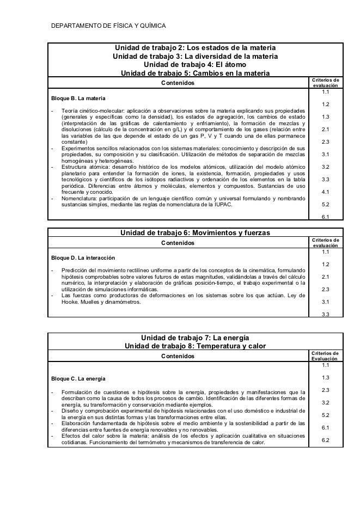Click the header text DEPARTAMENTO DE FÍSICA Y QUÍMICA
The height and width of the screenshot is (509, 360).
108,26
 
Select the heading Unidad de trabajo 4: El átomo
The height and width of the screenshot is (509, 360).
195,64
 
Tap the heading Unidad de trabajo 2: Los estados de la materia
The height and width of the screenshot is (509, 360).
195,47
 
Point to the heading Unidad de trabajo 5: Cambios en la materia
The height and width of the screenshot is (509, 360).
195,73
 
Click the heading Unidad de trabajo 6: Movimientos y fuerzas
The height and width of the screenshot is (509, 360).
195,233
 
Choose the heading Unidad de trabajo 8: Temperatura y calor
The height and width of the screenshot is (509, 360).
195,346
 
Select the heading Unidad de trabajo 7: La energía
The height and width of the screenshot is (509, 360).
195,337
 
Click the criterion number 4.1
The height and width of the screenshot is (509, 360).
325,192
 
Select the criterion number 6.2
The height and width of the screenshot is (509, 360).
325,440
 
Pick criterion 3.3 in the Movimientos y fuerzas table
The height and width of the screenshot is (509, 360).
325,314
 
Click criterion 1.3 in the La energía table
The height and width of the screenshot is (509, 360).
325,377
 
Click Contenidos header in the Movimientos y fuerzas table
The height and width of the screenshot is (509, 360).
178,243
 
